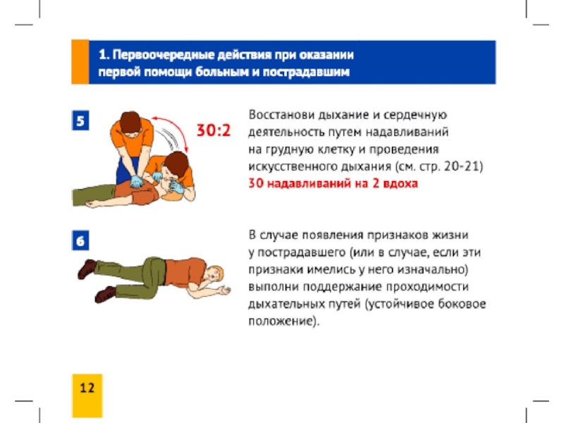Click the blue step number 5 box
point(80,120)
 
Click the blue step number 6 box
point(80,240)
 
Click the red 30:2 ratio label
point(214,130)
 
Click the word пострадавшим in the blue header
point(306,72)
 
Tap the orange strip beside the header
point(80,62)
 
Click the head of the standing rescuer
point(130,121)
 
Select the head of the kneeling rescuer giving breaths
point(176,164)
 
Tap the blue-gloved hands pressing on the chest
point(137,182)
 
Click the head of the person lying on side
point(214,274)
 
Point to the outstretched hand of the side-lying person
point(224,290)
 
